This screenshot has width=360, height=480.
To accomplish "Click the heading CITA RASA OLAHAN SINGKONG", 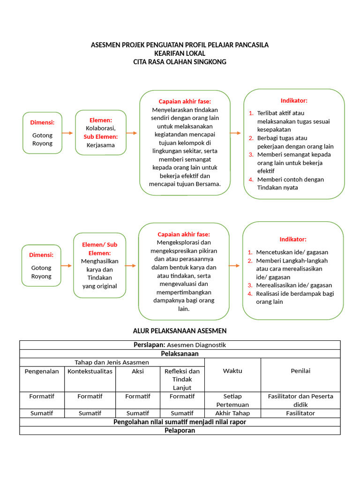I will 180,62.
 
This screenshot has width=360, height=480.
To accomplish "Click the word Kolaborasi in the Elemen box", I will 100,128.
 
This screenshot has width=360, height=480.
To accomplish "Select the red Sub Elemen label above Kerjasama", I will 100,136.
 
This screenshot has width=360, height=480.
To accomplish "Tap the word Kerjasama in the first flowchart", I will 100,145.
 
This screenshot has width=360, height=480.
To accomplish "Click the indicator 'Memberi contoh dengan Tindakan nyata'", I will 290,183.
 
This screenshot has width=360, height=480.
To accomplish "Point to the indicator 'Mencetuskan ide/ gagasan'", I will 292,252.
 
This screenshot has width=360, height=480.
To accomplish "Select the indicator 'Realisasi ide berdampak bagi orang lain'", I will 295,298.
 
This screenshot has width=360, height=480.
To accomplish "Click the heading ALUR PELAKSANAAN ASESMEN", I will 180,331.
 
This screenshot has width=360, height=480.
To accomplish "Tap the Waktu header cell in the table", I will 232,371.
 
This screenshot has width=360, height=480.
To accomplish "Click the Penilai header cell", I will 300,371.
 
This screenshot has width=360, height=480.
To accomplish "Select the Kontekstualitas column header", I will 90,371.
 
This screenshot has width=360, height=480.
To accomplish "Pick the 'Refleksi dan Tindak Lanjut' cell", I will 182,379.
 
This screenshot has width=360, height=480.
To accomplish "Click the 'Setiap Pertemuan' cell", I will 232,400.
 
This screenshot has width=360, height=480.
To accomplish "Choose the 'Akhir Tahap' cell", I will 232,413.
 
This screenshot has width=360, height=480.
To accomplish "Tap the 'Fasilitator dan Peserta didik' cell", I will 300,400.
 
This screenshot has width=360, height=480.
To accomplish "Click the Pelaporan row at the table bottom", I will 180,430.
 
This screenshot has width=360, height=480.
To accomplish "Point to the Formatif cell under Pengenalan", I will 42,397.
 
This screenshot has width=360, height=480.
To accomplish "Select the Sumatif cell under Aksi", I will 138,413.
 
